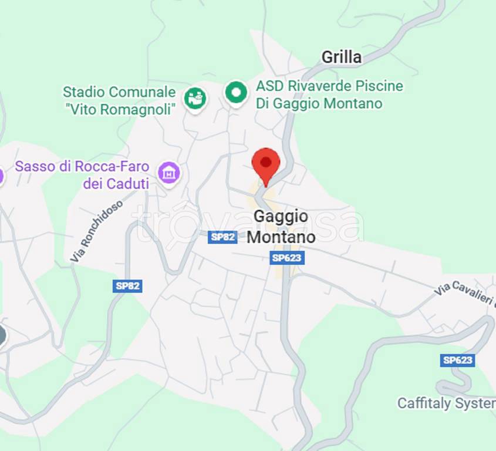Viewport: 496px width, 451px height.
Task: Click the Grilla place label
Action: click(341, 58)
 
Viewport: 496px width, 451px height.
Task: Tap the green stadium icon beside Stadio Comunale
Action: click(195, 98)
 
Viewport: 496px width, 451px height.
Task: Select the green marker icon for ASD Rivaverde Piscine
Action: click(236, 93)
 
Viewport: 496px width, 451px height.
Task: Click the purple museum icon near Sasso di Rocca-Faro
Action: click(169, 173)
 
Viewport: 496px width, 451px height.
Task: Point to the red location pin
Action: click(266, 164)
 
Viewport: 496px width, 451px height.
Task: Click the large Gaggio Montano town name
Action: click(281, 226)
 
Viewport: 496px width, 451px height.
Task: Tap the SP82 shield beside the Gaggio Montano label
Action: click(223, 237)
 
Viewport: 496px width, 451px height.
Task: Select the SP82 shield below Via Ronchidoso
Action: click(127, 286)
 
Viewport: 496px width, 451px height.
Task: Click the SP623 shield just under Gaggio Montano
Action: click(288, 258)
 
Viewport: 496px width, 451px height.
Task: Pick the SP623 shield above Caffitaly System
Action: click(457, 360)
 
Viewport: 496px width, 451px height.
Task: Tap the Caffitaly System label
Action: click(446, 403)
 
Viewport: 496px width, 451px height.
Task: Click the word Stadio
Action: click(84, 92)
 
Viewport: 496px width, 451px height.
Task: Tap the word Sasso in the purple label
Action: click(36, 166)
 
